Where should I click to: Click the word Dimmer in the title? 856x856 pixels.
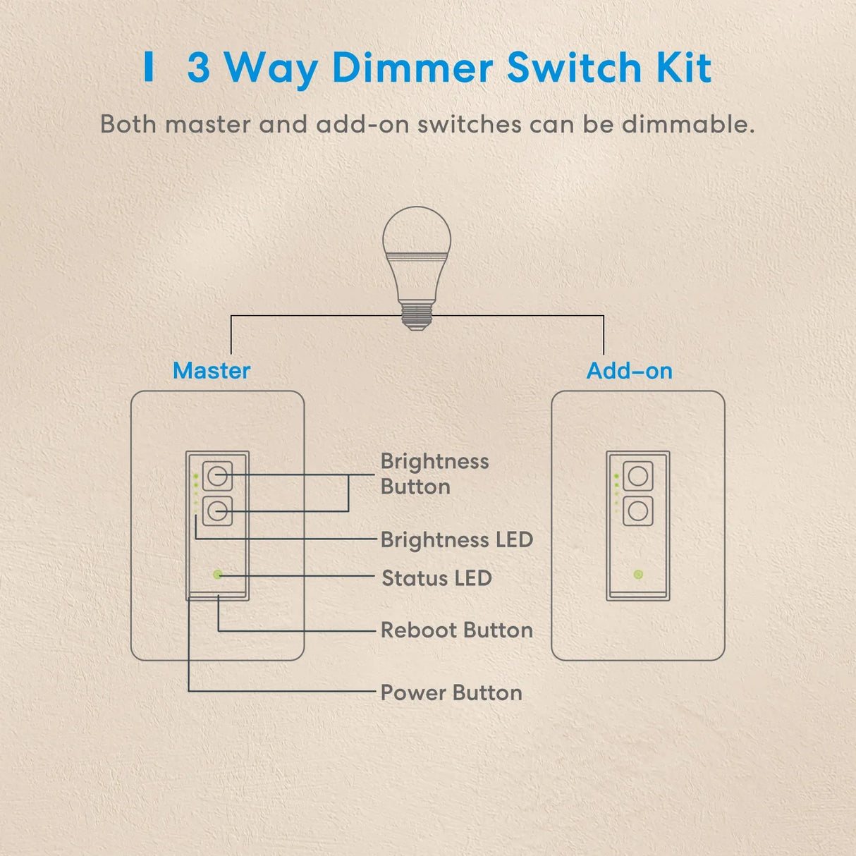tap(412, 68)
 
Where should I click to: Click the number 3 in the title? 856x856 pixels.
tap(199, 68)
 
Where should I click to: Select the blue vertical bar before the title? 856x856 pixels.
tap(149, 66)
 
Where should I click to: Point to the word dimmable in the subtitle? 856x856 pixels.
tap(688, 123)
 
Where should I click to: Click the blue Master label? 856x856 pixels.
tap(212, 370)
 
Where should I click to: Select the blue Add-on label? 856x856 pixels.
tap(630, 370)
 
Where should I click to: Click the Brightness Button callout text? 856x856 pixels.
tap(434, 474)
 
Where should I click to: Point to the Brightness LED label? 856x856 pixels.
tap(457, 539)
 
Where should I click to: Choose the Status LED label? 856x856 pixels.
tap(436, 578)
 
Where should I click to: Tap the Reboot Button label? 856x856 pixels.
tap(457, 630)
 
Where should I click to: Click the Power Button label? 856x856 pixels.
tap(451, 692)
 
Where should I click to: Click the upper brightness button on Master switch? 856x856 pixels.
tap(217, 476)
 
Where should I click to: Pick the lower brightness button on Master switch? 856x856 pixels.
tap(217, 511)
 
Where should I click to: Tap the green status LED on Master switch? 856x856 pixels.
tap(218, 575)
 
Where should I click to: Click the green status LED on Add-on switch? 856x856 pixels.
tap(638, 575)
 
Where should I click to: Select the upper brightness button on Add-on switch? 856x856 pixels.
tap(638, 476)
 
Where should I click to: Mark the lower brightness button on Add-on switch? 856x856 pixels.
tap(638, 511)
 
